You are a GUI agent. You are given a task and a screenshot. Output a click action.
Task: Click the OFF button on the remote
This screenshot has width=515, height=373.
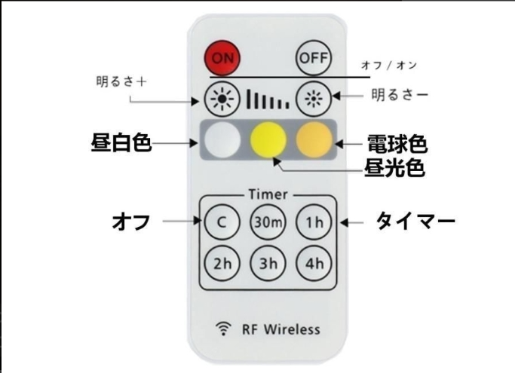tap(314, 58)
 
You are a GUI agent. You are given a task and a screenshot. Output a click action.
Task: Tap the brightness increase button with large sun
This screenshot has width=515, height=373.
tap(222, 99)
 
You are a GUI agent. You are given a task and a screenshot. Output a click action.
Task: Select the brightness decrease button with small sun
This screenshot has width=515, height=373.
tap(314, 99)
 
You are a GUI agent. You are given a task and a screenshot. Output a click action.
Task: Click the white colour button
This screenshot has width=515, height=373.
tap(222, 139)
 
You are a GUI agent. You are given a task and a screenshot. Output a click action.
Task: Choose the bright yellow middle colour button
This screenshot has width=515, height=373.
tap(268, 139)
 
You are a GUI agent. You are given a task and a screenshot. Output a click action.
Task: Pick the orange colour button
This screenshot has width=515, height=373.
tap(314, 139)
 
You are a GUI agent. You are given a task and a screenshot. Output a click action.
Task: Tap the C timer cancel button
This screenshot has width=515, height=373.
tap(222, 222)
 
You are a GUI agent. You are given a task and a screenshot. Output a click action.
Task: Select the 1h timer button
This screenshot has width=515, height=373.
tap(314, 222)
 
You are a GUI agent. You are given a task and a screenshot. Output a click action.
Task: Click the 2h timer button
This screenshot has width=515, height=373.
tap(222, 263)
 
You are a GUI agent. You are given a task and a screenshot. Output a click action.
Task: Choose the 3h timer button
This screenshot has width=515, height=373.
tap(268, 263)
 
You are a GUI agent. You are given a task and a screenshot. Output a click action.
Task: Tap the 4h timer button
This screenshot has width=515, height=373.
tap(314, 263)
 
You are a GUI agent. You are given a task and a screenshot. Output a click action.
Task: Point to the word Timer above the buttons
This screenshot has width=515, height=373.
tap(268, 194)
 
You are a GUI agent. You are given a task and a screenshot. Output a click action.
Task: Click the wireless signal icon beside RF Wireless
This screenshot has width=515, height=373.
tap(223, 329)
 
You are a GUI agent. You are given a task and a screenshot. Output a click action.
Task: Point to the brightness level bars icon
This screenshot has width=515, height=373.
tap(268, 99)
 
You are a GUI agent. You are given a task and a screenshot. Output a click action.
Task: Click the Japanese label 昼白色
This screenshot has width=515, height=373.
tap(121, 143)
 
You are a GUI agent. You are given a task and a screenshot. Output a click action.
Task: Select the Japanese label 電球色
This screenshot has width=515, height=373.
tap(397, 144)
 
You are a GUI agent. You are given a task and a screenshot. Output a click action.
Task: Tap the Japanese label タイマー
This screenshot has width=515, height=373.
tap(415, 221)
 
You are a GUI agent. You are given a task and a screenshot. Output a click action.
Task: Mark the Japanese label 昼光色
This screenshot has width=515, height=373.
tap(394, 168)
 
